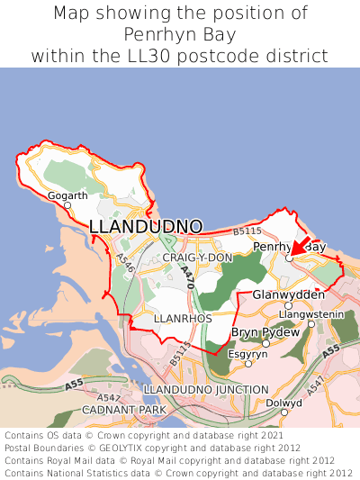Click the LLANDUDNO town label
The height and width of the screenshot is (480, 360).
146,226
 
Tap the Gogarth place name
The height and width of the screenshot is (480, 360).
67,195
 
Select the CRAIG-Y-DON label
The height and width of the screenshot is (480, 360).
197,258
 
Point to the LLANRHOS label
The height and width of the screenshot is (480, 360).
183,319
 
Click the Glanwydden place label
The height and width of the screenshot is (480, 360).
289,295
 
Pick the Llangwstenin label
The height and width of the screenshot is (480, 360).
311,313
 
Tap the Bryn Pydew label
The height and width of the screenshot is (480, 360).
265,332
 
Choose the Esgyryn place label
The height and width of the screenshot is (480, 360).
247,354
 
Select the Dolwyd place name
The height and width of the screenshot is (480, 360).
284,403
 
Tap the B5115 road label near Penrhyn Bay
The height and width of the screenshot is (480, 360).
247,232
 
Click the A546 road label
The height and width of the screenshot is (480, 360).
124,263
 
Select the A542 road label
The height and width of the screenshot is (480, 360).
108,397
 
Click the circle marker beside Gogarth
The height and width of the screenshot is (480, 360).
67,205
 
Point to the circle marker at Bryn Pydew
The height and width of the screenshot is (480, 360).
265,343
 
